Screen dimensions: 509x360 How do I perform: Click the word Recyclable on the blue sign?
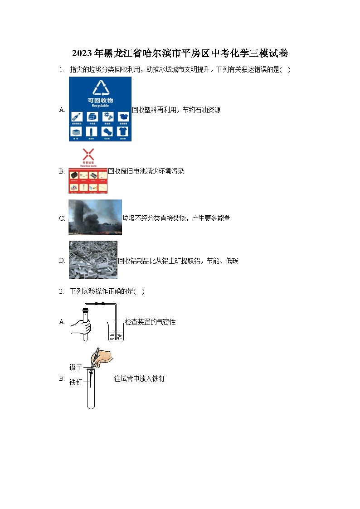pyautogui.click(x=100, y=106)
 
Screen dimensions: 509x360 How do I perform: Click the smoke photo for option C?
pyautogui.click(x=95, y=217)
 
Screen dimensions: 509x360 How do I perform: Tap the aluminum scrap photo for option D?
pyautogui.click(x=93, y=260)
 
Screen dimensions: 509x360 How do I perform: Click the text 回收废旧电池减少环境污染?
pyautogui.click(x=146, y=171)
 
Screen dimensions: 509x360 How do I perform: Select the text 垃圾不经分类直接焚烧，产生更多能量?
pyautogui.click(x=176, y=218)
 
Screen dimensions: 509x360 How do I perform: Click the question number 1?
pyautogui.click(x=61, y=70)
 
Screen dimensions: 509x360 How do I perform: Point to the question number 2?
pyautogui.click(x=61, y=291)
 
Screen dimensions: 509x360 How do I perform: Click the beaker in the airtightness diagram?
pyautogui.click(x=116, y=332)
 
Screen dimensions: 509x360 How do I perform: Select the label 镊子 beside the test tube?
pyautogui.click(x=75, y=367)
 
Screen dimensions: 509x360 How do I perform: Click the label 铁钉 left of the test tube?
pyautogui.click(x=75, y=383)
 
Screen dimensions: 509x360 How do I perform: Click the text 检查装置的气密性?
pyautogui.click(x=150, y=322)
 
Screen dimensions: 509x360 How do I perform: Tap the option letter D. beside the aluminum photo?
pyautogui.click(x=62, y=261)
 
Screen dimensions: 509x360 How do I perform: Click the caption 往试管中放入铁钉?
pyautogui.click(x=139, y=379)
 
